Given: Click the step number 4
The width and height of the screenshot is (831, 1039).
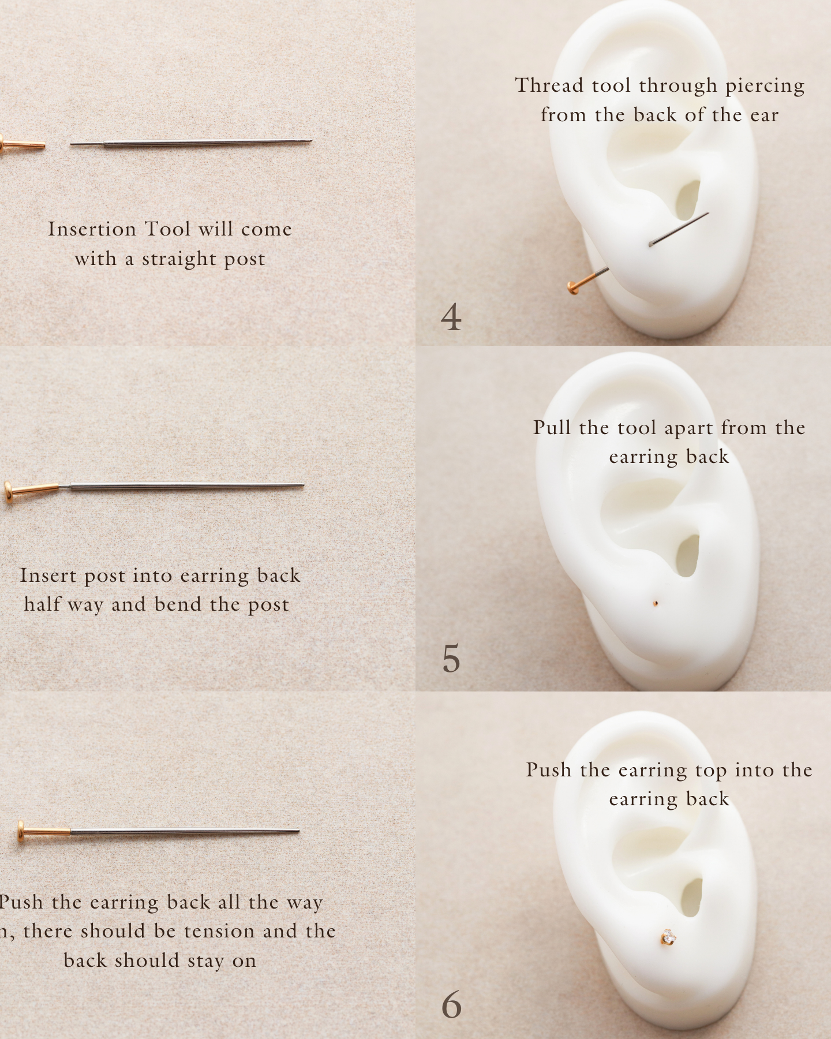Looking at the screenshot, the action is pos(451,317).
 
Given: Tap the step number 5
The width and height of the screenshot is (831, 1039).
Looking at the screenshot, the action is pos(451,659).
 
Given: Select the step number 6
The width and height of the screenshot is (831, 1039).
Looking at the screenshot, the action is pos(451,1005).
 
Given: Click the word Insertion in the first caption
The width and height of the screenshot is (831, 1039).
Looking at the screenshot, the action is pos(92,229).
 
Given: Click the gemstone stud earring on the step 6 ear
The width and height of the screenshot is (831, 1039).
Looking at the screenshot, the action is pos(668,937).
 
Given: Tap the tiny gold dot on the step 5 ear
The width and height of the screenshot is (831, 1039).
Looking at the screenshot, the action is pos(656,604).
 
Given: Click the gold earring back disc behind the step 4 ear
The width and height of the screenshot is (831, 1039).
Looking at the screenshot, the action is pos(572,287).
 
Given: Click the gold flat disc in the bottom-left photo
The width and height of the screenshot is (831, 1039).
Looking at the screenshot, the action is pos(21,831).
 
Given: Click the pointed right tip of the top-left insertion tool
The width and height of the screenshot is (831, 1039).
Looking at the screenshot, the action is pos(312,141).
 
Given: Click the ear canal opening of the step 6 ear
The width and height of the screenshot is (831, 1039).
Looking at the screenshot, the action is pos(691,898).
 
